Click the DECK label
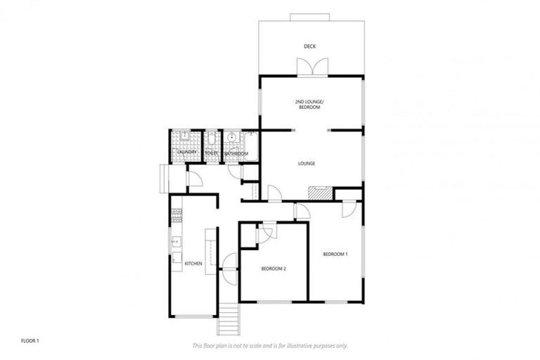[x=309, y=47]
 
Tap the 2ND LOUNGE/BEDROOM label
[x=309, y=105]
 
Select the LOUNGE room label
[x=306, y=164]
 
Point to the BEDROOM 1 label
[x=335, y=253]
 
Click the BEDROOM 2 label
[x=274, y=269]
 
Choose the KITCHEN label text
[x=193, y=264]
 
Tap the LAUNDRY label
[x=186, y=153]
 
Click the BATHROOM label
[x=236, y=153]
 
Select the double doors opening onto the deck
[x=311, y=67]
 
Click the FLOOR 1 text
[x=30, y=340]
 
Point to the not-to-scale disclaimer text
[x=269, y=346]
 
